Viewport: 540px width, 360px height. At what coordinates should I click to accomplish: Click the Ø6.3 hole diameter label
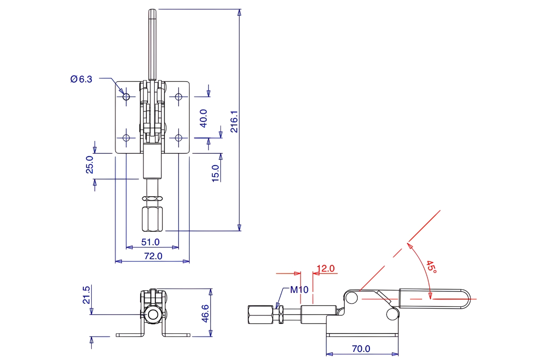81,79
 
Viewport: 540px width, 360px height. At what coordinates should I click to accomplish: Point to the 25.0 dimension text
90,165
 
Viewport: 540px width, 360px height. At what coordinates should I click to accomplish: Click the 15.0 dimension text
216,173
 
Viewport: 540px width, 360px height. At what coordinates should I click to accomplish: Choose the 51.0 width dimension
150,242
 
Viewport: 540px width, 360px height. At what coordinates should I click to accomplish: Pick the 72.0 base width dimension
153,256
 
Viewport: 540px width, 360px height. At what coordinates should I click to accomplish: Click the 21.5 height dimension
87,295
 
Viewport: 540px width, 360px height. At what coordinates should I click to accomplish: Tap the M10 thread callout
299,289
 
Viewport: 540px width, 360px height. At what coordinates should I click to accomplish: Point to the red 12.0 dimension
326,269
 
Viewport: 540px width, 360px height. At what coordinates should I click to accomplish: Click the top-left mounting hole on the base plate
126,96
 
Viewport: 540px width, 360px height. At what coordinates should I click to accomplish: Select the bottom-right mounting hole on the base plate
179,137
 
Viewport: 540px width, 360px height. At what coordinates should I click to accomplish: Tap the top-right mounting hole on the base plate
179,96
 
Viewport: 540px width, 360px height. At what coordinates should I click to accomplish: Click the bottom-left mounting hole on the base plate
126,137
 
